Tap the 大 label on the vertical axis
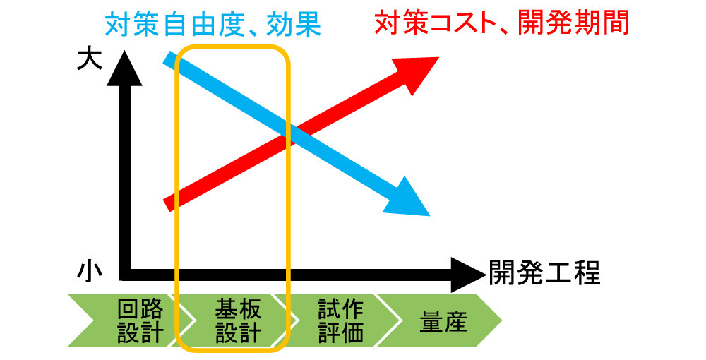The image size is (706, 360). [x=90, y=59]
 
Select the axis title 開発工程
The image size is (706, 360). [x=544, y=272]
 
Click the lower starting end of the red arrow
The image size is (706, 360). [x=168, y=205]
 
